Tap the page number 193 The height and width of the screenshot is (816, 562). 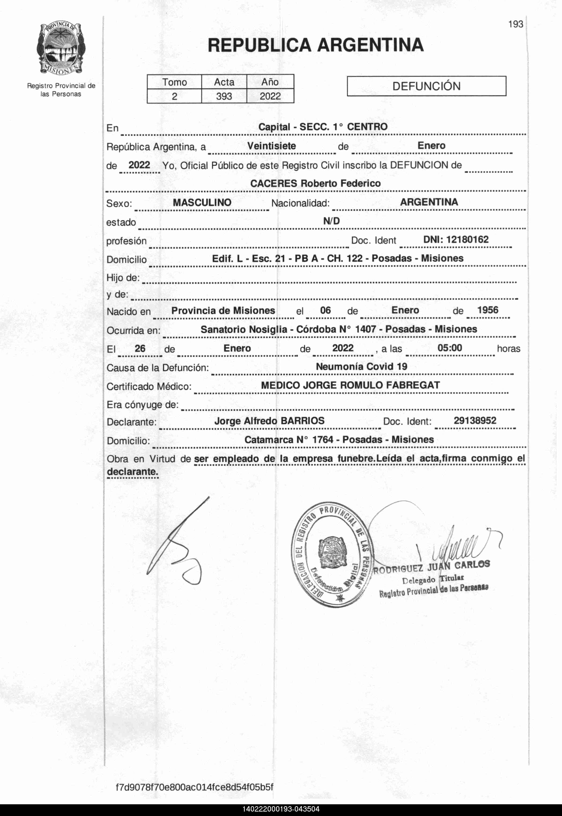click(x=516, y=24)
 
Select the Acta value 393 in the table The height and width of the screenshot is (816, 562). click(x=224, y=96)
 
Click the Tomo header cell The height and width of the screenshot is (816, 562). click(x=174, y=82)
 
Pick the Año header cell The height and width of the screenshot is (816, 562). click(x=270, y=82)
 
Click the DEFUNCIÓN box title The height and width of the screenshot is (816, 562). click(x=426, y=86)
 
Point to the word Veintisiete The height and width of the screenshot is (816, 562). click(x=271, y=146)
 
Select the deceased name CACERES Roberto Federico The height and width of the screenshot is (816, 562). click(x=315, y=183)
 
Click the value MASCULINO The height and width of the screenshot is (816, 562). click(x=202, y=202)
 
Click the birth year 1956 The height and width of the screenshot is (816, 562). click(x=488, y=310)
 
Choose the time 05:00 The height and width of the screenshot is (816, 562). click(x=450, y=348)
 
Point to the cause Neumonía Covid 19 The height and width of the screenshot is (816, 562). click(x=361, y=367)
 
